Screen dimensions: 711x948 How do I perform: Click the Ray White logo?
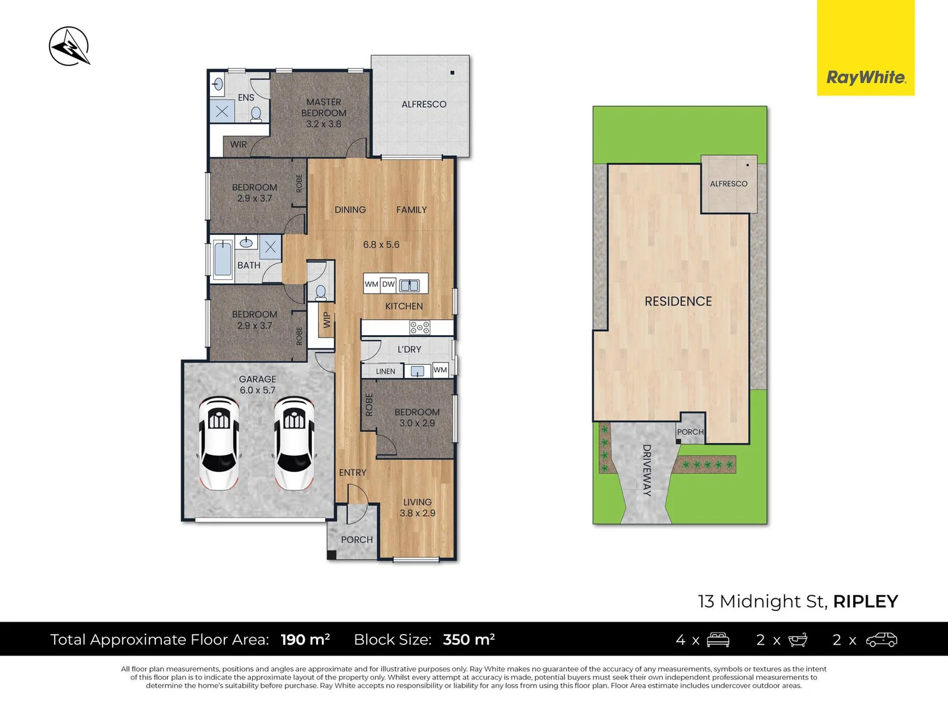[x=866, y=78]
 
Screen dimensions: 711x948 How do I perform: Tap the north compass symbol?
[x=69, y=46]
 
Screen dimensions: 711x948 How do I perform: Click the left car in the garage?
[x=219, y=442]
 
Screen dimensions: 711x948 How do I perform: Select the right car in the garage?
[x=294, y=442]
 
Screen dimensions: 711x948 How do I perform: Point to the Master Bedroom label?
[x=324, y=113]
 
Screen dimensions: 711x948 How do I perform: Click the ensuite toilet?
[x=256, y=115]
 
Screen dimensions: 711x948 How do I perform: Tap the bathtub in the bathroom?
[x=223, y=259]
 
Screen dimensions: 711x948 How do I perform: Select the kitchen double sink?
[x=409, y=284]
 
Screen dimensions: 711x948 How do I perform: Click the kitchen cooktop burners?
[x=419, y=327]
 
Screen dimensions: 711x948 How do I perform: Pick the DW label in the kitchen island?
[x=388, y=284]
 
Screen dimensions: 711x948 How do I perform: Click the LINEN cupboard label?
[x=386, y=371]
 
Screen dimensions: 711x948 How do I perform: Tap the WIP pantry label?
[x=327, y=320]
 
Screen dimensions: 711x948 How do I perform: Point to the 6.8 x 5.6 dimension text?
[x=381, y=245]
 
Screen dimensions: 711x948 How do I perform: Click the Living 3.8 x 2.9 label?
[x=417, y=508]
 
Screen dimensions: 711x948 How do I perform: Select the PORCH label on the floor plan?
[x=357, y=540]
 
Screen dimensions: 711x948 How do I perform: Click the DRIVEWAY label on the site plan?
[x=646, y=470]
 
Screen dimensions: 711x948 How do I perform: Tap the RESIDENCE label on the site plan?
[x=678, y=302]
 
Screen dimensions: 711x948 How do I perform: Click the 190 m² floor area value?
[x=305, y=639]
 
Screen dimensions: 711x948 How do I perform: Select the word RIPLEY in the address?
[x=865, y=601]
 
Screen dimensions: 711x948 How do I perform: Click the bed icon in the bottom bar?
[x=718, y=639]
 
